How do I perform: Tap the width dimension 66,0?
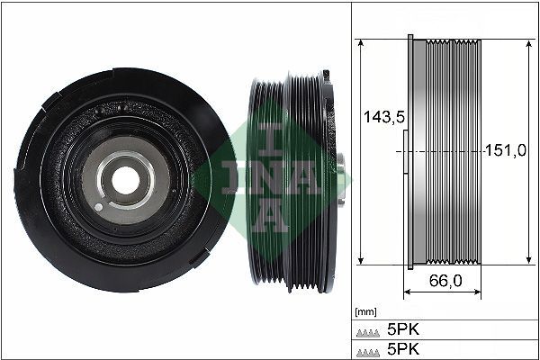click(x=444, y=281)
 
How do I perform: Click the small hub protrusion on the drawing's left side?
click(x=403, y=151)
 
